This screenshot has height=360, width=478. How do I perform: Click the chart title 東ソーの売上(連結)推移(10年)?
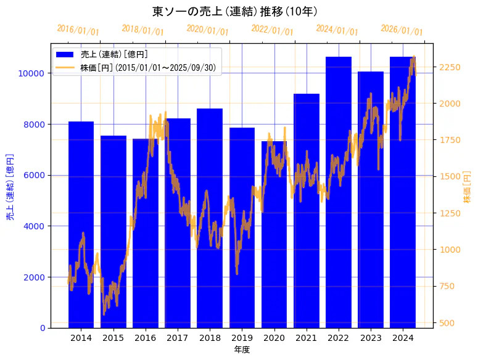(x=234, y=12)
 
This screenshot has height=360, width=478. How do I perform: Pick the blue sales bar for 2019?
(x=242, y=296)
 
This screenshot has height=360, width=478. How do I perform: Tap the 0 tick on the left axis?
(x=43, y=328)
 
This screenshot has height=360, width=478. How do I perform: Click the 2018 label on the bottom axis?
(x=210, y=338)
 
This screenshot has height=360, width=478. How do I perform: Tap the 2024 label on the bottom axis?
(x=403, y=338)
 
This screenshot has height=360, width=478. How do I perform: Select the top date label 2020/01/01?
(x=207, y=30)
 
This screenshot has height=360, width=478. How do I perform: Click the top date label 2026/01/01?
(x=402, y=30)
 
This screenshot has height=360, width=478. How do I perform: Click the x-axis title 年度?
(x=242, y=350)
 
